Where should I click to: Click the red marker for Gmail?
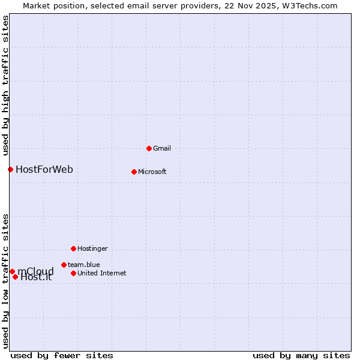[x=149, y=148]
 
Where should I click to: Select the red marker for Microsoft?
[x=134, y=172]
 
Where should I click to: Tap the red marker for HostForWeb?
[x=10, y=169]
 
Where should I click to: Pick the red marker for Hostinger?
[x=73, y=248]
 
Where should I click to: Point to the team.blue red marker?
[x=64, y=265]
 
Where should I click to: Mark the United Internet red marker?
[x=73, y=273]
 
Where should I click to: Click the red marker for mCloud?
[x=12, y=271]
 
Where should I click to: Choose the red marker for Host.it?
[x=15, y=277]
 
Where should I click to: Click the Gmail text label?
[x=162, y=148]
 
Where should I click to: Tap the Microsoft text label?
[x=152, y=172]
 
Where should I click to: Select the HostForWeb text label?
[x=44, y=169]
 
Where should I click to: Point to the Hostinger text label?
[x=92, y=248]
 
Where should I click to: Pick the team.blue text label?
[x=84, y=265]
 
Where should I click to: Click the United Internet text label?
[x=102, y=273]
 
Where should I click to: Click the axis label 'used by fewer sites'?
[x=62, y=355]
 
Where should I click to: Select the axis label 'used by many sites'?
[x=301, y=355]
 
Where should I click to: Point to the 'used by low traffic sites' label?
[x=5, y=281]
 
